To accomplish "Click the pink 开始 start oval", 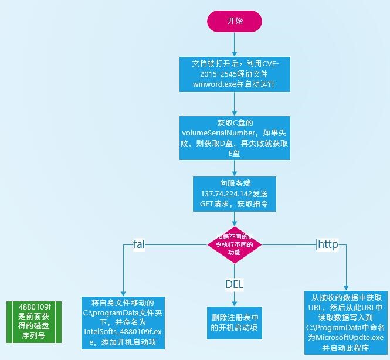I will click(x=235, y=21).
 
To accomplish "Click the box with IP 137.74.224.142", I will click(x=234, y=193).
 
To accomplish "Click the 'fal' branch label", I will click(x=139, y=243).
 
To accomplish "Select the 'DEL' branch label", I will click(x=234, y=284).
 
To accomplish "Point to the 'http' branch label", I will click(x=328, y=244).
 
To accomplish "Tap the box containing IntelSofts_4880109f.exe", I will click(x=123, y=323).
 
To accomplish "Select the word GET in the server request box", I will click(x=209, y=204).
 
